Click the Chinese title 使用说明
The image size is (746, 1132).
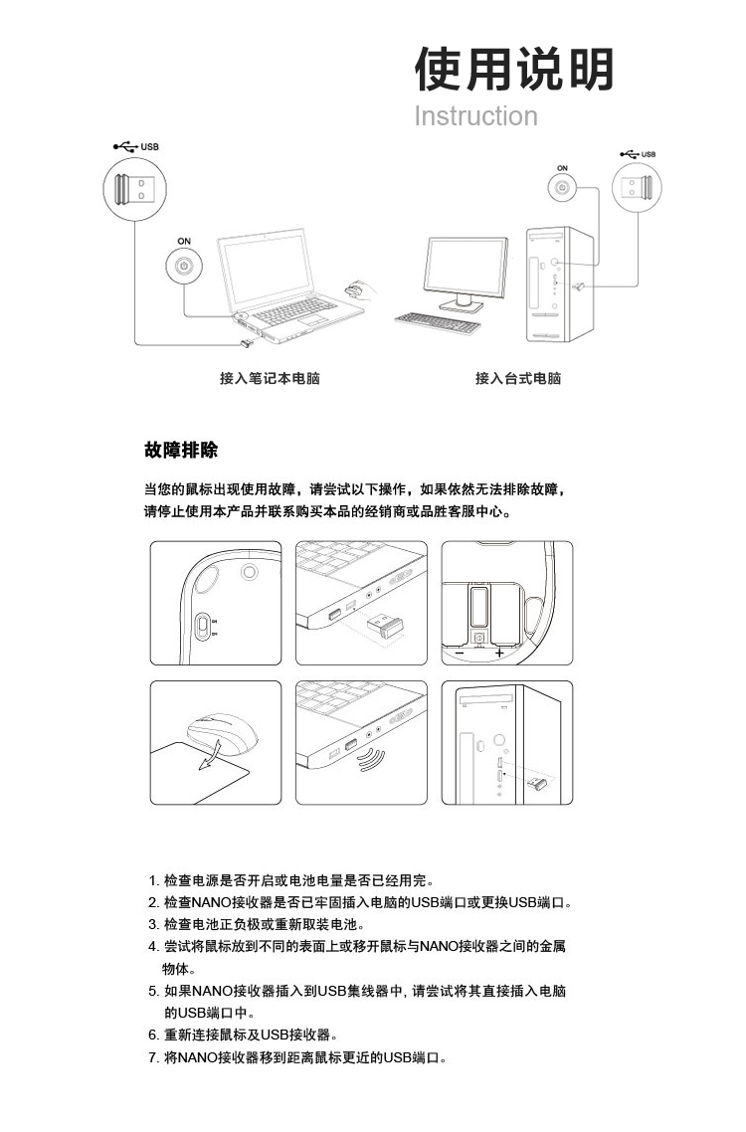(x=514, y=70)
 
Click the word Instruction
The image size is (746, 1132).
(x=475, y=116)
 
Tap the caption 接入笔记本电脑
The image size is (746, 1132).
(x=270, y=378)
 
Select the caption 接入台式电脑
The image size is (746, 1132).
(x=518, y=378)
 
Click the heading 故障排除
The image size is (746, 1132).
(x=181, y=451)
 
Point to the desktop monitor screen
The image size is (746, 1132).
(x=466, y=265)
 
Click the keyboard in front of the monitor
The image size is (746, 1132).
(x=438, y=322)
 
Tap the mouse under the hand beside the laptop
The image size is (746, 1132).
(x=353, y=290)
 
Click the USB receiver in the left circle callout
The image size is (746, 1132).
(x=134, y=189)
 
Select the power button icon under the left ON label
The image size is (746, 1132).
(x=184, y=266)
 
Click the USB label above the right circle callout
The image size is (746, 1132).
(x=649, y=154)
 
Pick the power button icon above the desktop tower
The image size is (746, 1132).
(x=563, y=189)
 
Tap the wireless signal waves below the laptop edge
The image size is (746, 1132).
(x=371, y=760)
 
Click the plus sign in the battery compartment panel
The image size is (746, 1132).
(x=499, y=653)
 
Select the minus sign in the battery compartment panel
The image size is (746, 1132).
(x=460, y=653)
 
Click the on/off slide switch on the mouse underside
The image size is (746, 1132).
(x=203, y=626)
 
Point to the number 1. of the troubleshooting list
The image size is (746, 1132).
(x=154, y=880)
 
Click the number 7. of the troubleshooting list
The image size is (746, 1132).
(x=154, y=1058)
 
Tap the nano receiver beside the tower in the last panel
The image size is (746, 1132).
(x=536, y=784)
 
